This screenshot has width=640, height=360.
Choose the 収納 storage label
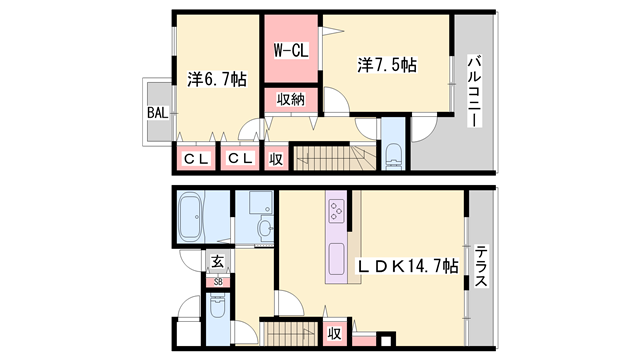click(x=291, y=100)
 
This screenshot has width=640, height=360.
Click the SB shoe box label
click(x=217, y=282)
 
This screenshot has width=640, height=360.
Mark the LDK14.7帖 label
click(x=410, y=267)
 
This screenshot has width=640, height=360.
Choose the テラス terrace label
click(x=482, y=267)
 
